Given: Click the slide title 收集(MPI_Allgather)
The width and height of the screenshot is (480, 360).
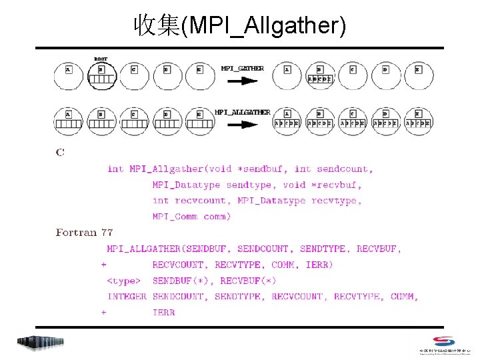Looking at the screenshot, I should click(x=239, y=25).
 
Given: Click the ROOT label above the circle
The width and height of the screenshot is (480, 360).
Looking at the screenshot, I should click(x=101, y=59).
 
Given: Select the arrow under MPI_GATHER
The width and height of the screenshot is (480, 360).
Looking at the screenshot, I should click(x=243, y=81).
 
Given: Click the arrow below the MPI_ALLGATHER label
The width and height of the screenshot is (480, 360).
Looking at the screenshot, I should click(x=243, y=123).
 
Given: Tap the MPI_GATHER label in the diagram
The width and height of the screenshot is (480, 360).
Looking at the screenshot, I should click(x=243, y=68).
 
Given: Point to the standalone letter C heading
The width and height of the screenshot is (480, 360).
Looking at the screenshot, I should click(x=60, y=153).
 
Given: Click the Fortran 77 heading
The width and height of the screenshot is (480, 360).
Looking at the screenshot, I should click(x=84, y=233).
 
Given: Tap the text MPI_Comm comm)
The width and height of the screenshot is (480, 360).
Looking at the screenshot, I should click(x=192, y=217).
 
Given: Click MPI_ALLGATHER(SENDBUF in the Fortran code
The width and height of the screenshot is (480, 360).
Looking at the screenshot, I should click(x=169, y=249).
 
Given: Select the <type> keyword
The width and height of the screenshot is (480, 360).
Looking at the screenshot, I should click(x=124, y=281).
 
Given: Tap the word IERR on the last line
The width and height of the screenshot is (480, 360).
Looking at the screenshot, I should click(x=163, y=312).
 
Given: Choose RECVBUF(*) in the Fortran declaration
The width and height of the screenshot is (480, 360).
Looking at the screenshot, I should click(x=248, y=281).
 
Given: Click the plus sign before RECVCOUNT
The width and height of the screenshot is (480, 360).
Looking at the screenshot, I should click(x=103, y=265).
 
